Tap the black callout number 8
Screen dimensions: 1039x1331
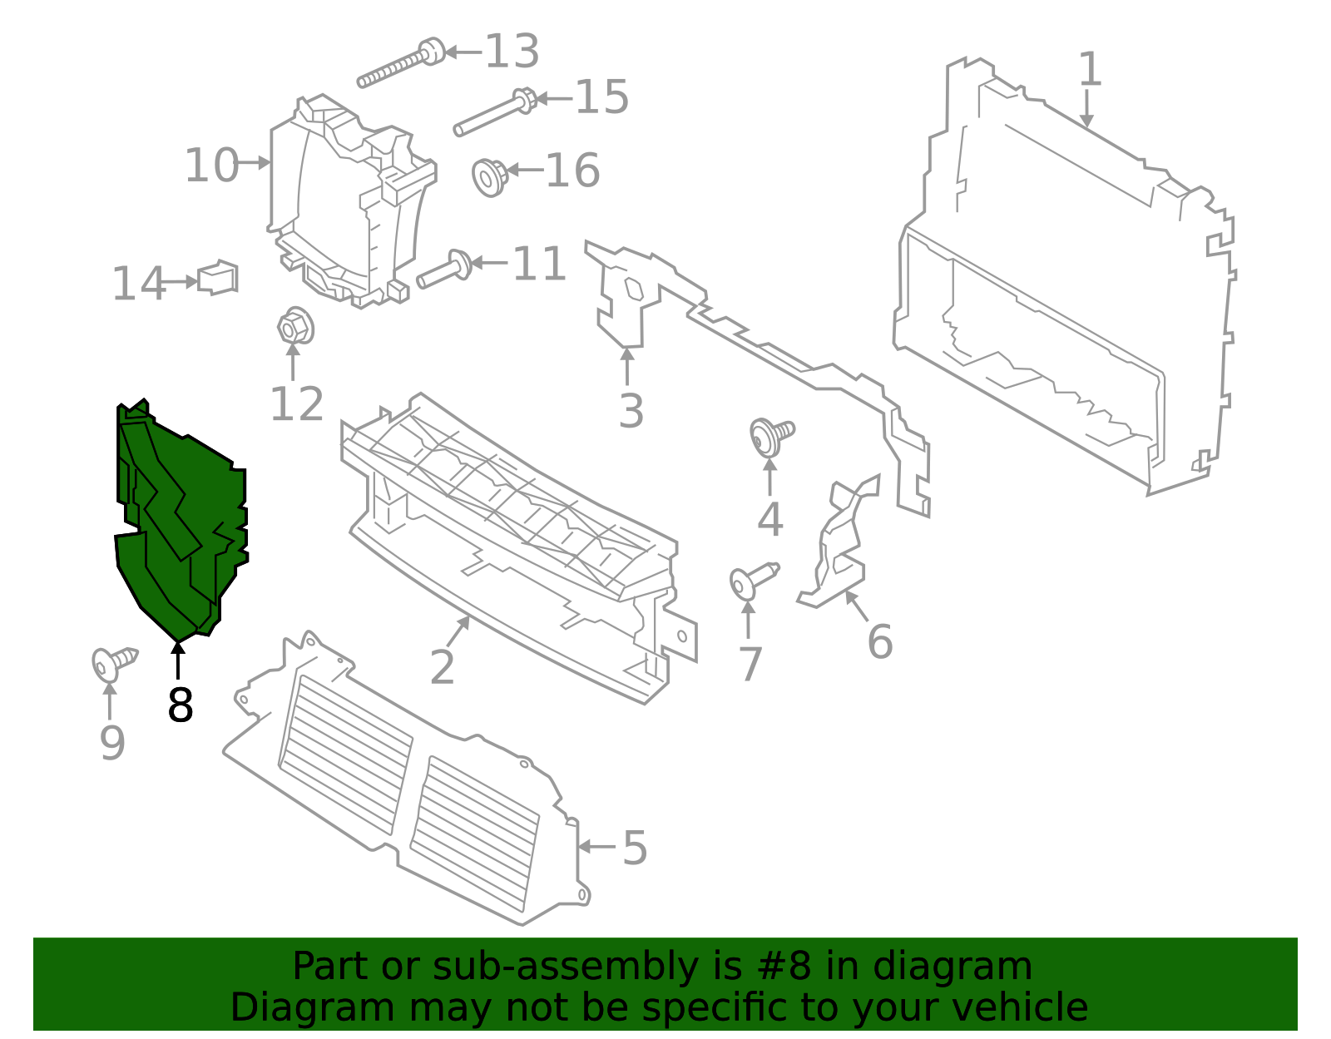pyautogui.click(x=180, y=705)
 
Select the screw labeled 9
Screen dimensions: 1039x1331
pyautogui.click(x=113, y=663)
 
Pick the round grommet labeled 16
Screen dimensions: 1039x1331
pyautogui.click(x=489, y=176)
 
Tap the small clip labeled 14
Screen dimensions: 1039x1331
pyautogui.click(x=218, y=278)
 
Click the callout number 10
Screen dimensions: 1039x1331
pyautogui.click(x=211, y=165)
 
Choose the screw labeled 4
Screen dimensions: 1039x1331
pyautogui.click(x=770, y=435)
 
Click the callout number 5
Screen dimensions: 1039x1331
pyautogui.click(x=634, y=848)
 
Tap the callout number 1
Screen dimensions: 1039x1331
pyautogui.click(x=1090, y=69)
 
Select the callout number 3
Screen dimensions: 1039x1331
pyautogui.click(x=631, y=411)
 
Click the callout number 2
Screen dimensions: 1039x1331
pyautogui.click(x=442, y=667)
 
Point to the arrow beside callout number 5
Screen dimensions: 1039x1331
pyautogui.click(x=596, y=847)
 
